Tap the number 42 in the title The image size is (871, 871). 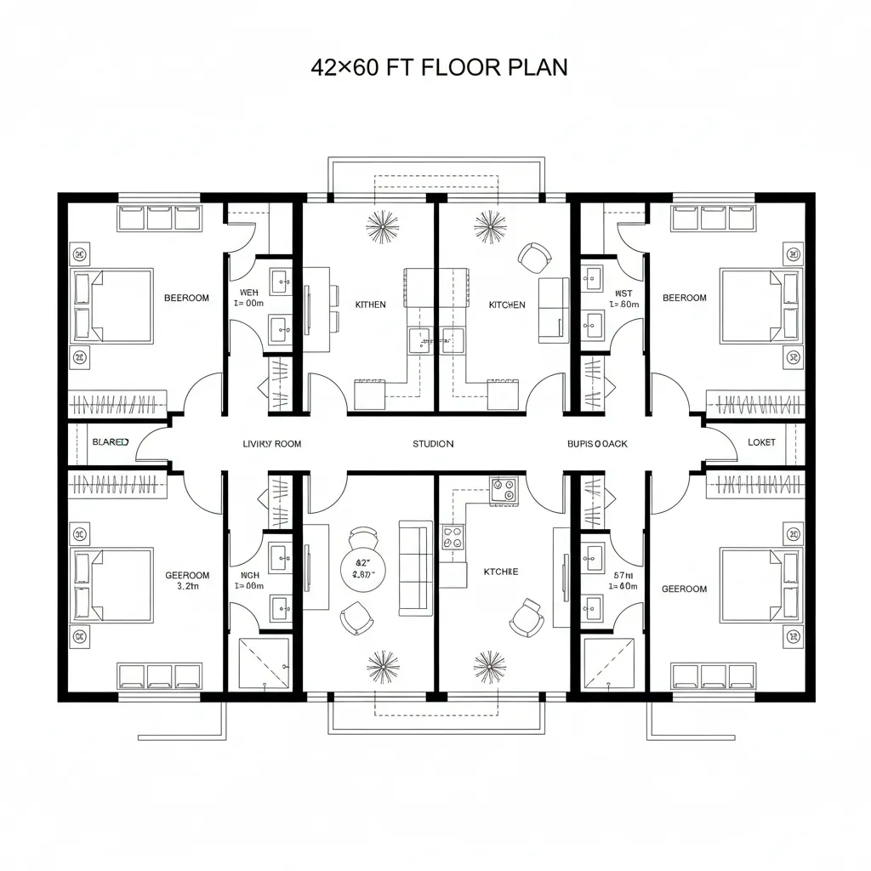tap(323, 69)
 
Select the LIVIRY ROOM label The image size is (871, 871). tap(272, 444)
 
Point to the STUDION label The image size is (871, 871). tap(433, 444)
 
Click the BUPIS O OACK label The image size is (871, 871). tap(597, 444)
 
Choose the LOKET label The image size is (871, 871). tap(761, 443)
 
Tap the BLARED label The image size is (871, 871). tap(110, 443)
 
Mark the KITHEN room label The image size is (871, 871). tap(370, 305)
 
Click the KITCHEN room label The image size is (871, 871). tap(507, 305)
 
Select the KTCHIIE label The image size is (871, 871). tap(500, 572)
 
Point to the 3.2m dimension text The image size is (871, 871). tap(187, 586)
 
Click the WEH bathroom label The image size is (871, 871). tap(248, 293)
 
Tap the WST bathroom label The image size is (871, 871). tap(623, 293)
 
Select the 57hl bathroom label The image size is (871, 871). tap(623, 575)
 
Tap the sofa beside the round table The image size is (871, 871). tap(415, 567)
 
